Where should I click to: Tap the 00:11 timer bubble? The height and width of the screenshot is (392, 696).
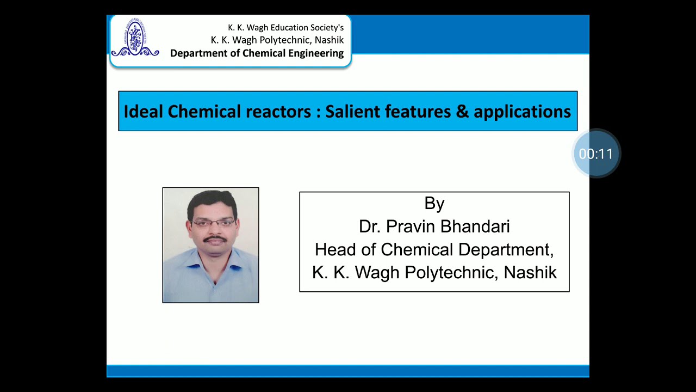pos(596,154)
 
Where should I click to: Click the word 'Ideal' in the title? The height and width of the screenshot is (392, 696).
pos(144,112)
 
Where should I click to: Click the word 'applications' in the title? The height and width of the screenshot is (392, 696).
pos(522,112)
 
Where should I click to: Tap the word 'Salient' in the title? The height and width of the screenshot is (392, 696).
pos(352,112)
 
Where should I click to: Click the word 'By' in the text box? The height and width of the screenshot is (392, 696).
pos(434,204)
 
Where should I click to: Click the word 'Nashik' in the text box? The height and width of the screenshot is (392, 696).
pos(530,273)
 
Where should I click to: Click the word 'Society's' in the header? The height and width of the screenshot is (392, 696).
pos(325,27)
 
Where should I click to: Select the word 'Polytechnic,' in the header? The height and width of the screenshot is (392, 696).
pos(285,40)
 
